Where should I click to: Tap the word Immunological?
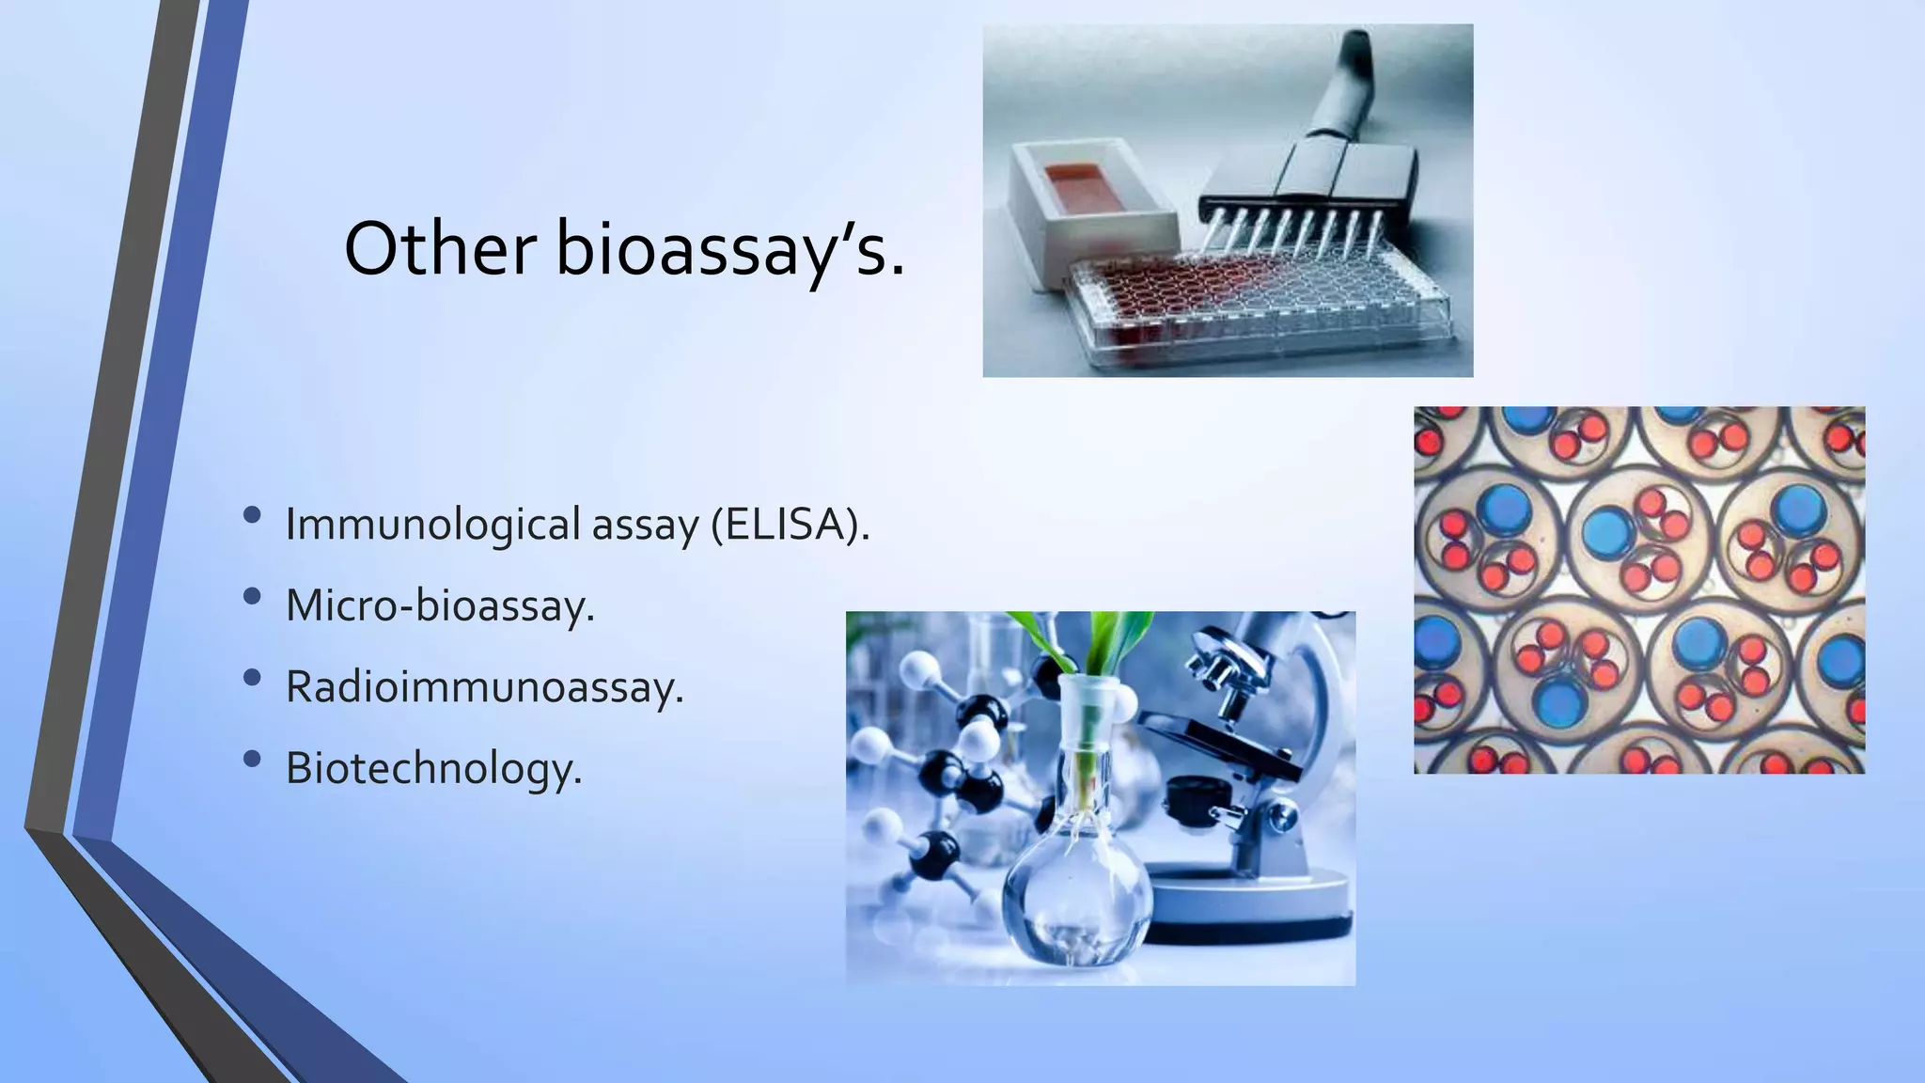click(432, 524)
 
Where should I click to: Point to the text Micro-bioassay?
click(440, 605)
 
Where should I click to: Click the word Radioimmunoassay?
click(484, 686)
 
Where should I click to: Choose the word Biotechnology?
click(433, 768)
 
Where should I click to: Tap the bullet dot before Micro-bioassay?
click(251, 597)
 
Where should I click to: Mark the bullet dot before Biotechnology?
click(251, 760)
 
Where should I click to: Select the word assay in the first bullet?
click(645, 524)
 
